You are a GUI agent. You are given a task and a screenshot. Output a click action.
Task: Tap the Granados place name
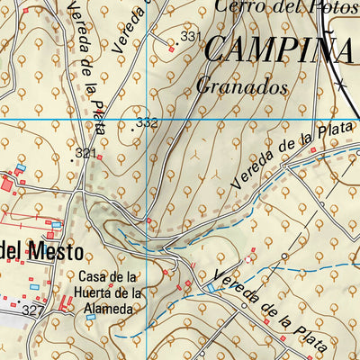[241, 88]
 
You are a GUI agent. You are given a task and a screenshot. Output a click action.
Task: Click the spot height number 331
[189, 37]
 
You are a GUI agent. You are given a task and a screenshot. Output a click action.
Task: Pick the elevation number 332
[147, 121]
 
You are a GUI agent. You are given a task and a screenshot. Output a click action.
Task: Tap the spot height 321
[85, 154]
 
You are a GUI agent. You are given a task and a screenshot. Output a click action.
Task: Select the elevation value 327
[34, 310]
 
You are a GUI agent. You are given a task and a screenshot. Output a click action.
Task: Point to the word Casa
[94, 276]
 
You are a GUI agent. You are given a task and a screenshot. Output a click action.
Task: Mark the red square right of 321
[99, 157]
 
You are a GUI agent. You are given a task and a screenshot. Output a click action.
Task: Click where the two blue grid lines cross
[145, 120]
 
